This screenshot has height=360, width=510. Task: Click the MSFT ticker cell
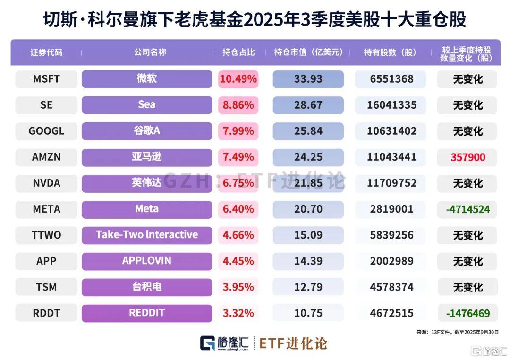[46, 79]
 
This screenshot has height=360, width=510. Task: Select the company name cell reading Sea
[146, 105]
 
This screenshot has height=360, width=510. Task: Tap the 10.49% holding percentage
[238, 79]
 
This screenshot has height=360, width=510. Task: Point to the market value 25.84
[308, 131]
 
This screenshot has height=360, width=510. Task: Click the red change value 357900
[467, 157]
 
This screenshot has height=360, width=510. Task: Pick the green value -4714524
[467, 209]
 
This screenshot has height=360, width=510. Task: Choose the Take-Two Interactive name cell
[146, 235]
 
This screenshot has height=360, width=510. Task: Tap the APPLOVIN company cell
[146, 261]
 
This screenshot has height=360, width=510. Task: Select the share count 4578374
[390, 287]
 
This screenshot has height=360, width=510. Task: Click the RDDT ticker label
[46, 313]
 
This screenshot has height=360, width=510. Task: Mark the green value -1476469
[467, 313]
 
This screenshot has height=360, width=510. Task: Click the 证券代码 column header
[46, 52]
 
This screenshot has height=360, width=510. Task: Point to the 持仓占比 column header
[238, 52]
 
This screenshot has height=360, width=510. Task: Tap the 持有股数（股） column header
[390, 52]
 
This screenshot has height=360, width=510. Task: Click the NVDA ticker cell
[46, 183]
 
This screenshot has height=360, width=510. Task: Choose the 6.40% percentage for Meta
[238, 209]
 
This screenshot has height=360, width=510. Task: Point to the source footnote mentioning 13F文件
[457, 332]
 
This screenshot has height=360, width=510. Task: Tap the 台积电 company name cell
[146, 287]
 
